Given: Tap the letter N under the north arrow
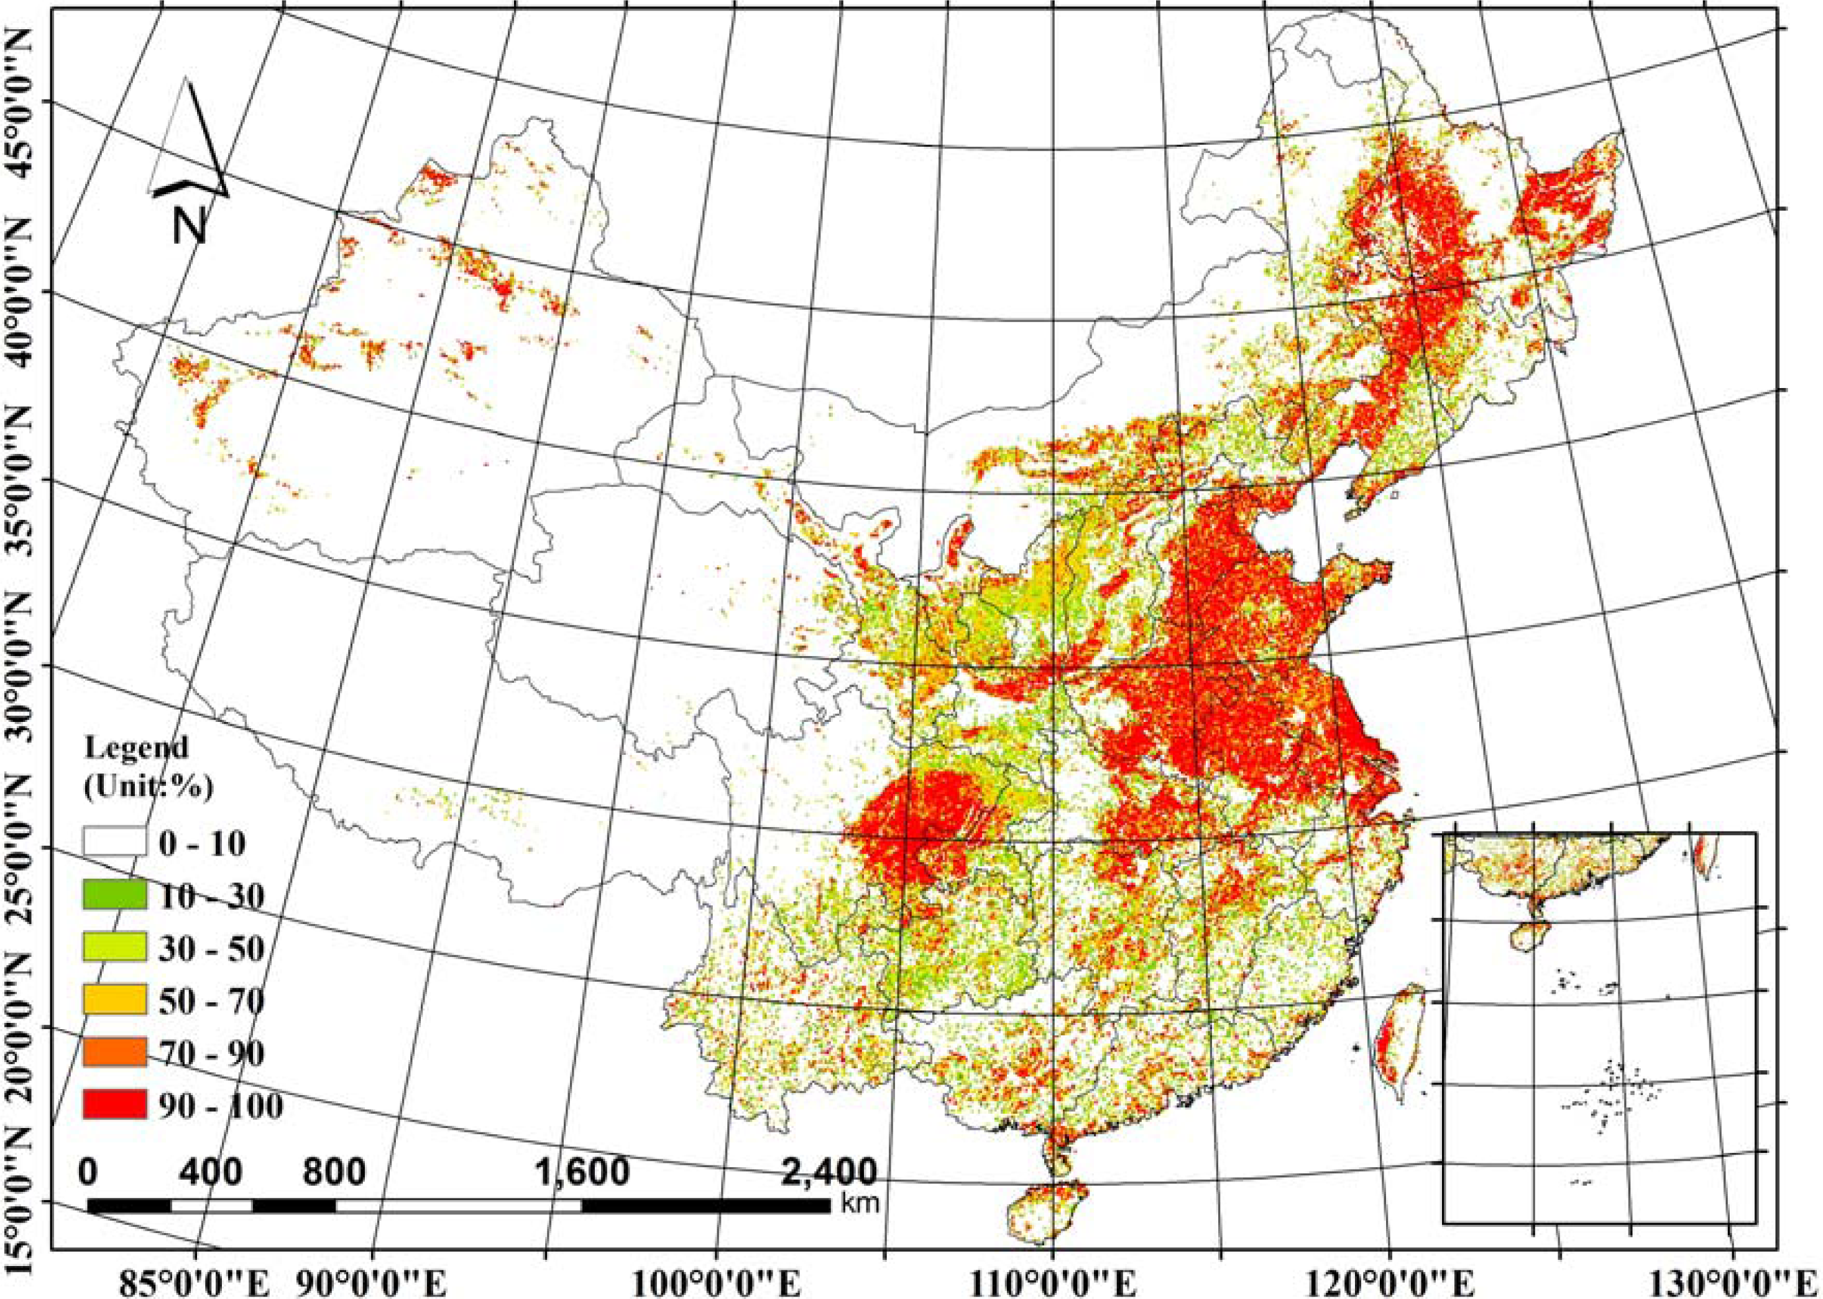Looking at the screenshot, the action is pyautogui.click(x=189, y=226).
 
